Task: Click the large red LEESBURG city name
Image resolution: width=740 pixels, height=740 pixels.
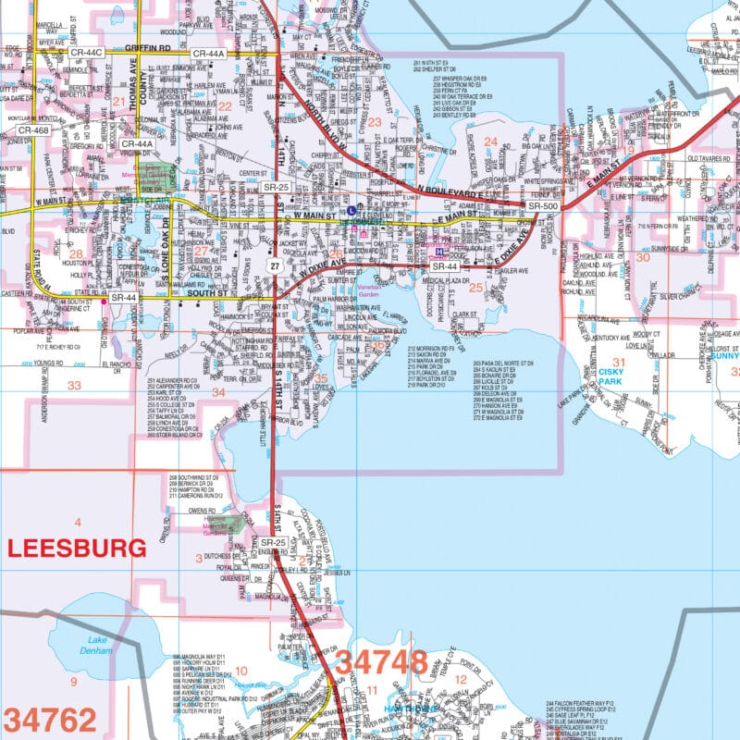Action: [x=77, y=547]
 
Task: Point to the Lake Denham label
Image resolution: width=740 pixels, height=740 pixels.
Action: [x=99, y=645]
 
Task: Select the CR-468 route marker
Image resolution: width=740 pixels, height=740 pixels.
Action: [x=34, y=130]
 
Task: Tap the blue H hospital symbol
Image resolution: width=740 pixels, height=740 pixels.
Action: [x=439, y=251]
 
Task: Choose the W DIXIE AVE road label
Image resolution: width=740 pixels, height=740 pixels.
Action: [x=320, y=268]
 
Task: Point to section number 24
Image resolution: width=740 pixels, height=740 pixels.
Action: [x=491, y=142]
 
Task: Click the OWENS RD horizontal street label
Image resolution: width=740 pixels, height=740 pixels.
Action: [x=201, y=511]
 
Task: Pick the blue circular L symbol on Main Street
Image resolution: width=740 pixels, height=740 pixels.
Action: [x=351, y=210]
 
